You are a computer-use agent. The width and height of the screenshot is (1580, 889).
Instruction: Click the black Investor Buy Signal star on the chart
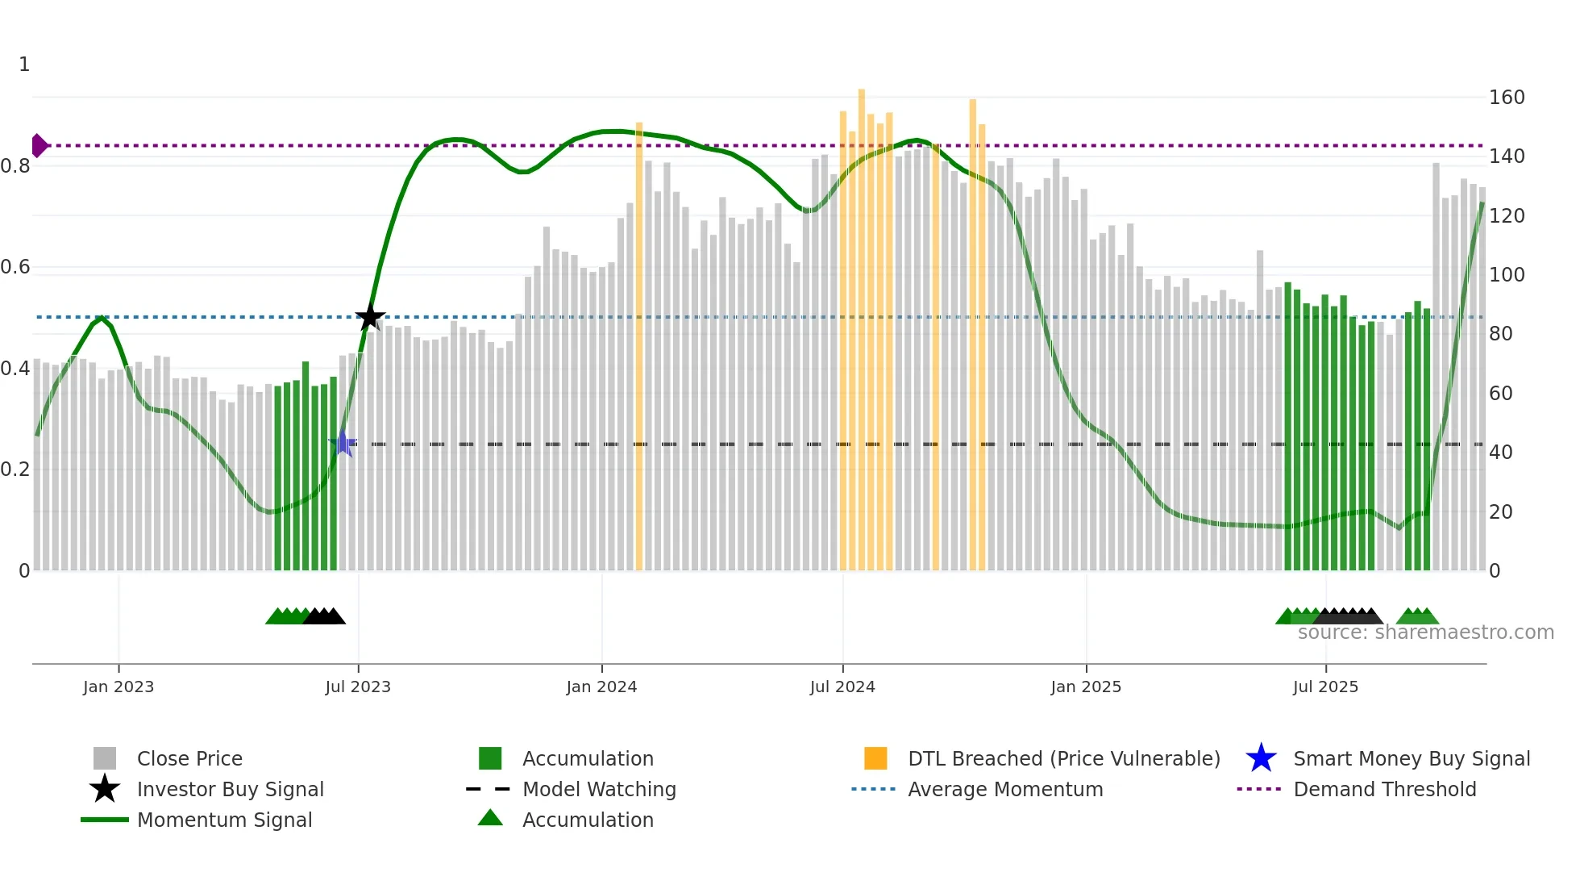point(370,317)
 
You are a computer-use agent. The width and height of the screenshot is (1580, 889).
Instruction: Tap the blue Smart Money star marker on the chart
point(343,444)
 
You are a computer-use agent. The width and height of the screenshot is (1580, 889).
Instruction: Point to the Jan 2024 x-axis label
point(601,687)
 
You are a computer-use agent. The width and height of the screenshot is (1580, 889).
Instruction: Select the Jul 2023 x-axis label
point(358,687)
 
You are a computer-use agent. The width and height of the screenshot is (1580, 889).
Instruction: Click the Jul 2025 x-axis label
point(1325,687)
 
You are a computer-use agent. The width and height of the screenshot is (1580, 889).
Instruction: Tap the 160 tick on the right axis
point(1507,98)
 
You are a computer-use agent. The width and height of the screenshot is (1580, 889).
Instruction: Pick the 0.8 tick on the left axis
point(16,166)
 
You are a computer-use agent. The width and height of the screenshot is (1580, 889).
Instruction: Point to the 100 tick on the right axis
point(1507,275)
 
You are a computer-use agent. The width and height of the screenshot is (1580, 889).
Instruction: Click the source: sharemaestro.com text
point(1425,632)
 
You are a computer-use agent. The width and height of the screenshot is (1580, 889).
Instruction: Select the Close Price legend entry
point(189,759)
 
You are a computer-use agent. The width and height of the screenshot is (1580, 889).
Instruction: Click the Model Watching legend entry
point(599,790)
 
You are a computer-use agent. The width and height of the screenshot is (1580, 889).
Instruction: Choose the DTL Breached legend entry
point(1063,759)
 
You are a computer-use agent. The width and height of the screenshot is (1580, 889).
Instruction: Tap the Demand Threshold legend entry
point(1384,790)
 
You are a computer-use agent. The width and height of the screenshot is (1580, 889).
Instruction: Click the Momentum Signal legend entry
point(224,820)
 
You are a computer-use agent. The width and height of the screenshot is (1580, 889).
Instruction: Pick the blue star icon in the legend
point(1261,758)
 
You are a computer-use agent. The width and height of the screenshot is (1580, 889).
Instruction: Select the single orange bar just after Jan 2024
point(639,347)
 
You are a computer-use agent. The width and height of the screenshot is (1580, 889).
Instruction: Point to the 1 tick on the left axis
point(24,65)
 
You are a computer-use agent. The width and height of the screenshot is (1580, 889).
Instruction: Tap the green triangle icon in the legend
point(490,819)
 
